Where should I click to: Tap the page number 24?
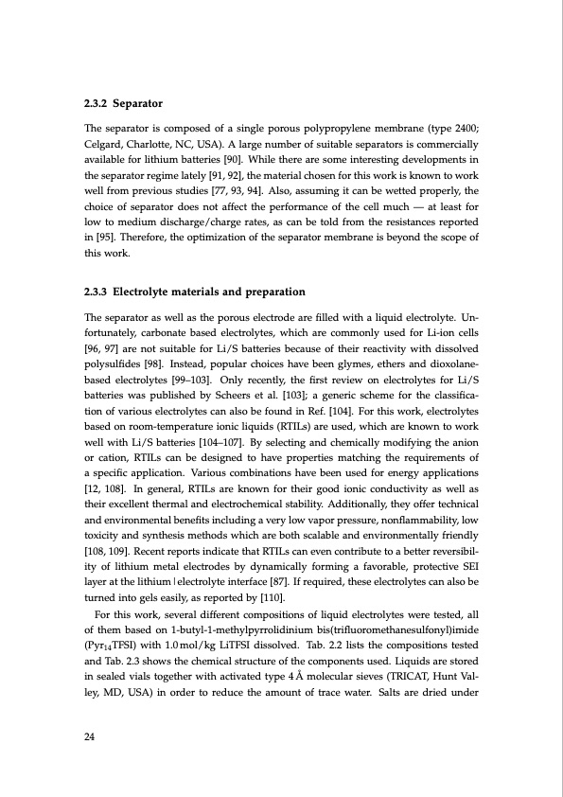(90, 738)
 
